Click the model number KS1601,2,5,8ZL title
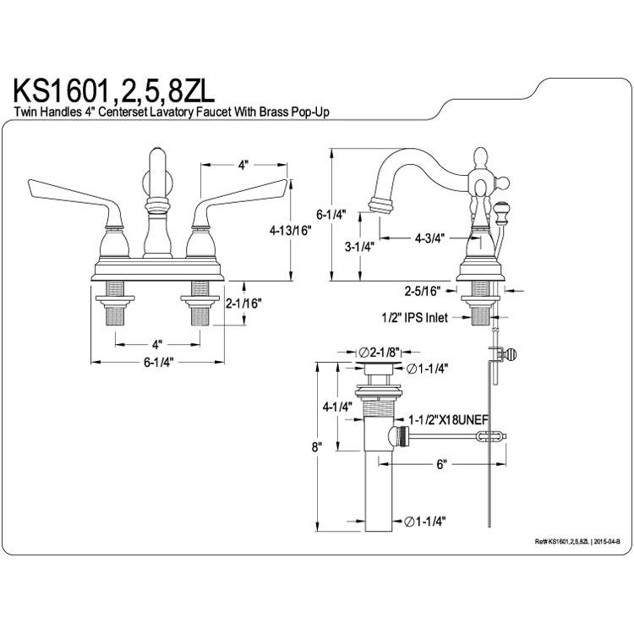[114, 91]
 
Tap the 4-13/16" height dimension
[291, 231]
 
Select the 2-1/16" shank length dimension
[243, 303]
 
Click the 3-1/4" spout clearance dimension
[359, 246]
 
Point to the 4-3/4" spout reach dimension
[429, 238]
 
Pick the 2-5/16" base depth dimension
[423, 291]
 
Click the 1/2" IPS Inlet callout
[415, 318]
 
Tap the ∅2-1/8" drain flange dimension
[379, 353]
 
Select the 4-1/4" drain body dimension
[336, 407]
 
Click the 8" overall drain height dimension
[317, 447]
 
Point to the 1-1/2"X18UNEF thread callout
[448, 420]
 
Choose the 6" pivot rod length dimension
[441, 464]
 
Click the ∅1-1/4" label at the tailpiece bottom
[425, 522]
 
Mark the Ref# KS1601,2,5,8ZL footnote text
[577, 541]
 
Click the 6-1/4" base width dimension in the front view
[158, 363]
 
